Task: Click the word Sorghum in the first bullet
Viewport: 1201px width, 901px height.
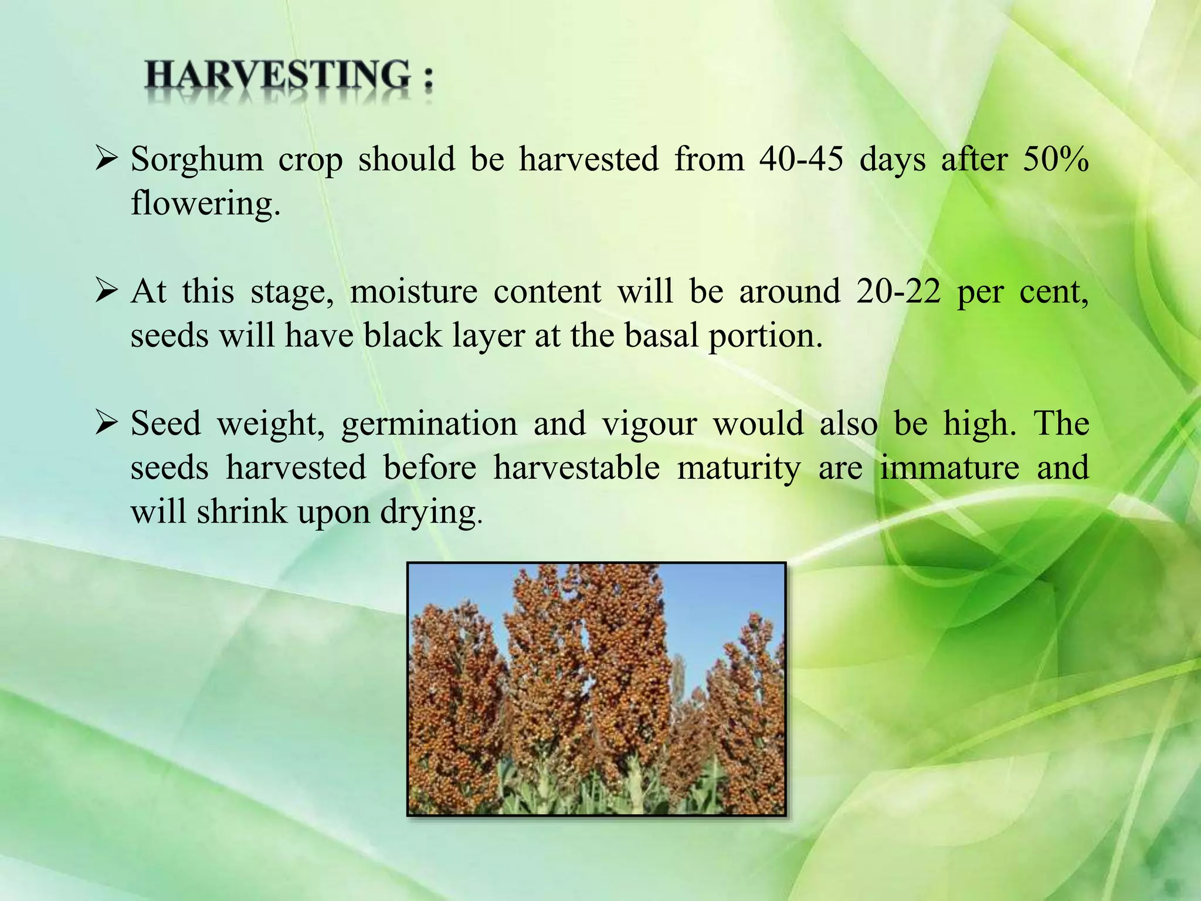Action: (197, 159)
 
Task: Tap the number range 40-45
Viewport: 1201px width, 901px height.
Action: (801, 159)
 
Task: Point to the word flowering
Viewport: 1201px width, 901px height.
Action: (205, 204)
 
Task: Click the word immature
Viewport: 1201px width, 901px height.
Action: (949, 468)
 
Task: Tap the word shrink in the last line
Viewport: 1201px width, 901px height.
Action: (242, 512)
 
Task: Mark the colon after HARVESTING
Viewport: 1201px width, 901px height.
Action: (428, 79)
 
